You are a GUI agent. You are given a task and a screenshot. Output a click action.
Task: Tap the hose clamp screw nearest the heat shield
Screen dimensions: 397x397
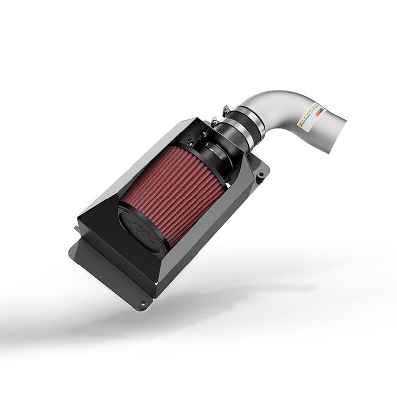coord(214,121)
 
